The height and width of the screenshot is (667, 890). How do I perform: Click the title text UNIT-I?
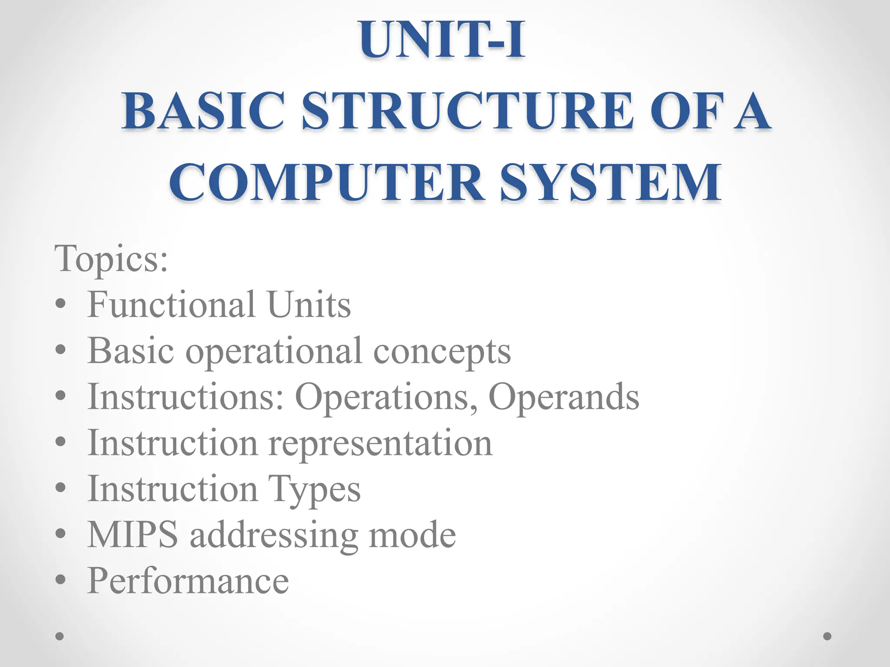click(x=442, y=40)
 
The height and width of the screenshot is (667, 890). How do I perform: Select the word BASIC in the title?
click(x=203, y=111)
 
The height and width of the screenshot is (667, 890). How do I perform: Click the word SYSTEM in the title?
click(x=611, y=182)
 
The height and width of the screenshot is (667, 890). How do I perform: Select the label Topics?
click(x=111, y=258)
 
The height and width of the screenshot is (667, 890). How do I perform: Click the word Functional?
click(x=171, y=305)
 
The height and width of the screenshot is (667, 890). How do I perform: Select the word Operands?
click(x=564, y=397)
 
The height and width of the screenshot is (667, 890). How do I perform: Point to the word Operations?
click(x=387, y=397)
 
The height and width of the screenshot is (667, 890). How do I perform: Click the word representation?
click(x=380, y=444)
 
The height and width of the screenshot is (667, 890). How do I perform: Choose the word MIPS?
click(x=133, y=535)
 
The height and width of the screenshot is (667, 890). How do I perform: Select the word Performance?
click(x=188, y=581)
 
